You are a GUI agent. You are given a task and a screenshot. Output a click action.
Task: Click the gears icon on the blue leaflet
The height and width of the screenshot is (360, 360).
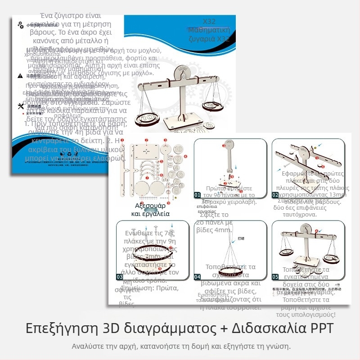coord(20,25)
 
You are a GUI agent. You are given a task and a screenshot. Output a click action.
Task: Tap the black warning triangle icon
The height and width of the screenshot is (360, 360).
coord(20,76)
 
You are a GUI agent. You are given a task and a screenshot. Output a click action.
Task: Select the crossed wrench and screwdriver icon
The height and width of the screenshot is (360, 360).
coord(20,106)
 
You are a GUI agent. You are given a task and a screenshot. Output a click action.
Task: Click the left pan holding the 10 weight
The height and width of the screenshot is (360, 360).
coord(148,118)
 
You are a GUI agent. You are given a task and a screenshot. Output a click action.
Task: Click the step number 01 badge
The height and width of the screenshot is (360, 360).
coord(198,195)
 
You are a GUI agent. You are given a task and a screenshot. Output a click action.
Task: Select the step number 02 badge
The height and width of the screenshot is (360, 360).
coord(275,195)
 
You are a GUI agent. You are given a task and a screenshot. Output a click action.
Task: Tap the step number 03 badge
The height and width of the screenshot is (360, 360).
coord(120,276)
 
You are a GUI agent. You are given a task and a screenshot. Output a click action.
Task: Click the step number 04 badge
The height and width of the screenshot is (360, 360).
coord(198,276)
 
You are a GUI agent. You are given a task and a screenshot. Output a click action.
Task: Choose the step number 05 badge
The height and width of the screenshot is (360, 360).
coord(275,276)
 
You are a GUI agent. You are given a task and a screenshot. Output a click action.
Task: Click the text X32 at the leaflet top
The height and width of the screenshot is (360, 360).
coord(210,22)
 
